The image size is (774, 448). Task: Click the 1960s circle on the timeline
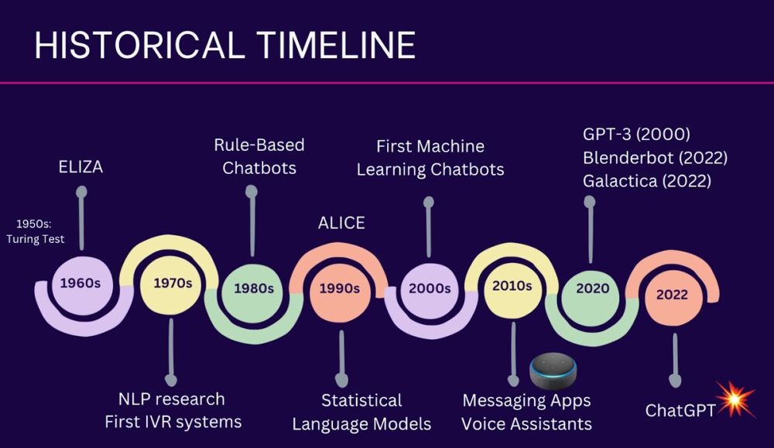(x=80, y=283)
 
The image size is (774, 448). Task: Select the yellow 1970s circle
(x=172, y=283)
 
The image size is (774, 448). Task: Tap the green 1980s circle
(x=254, y=289)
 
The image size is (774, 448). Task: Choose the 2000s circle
(x=429, y=288)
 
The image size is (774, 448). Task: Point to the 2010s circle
(x=512, y=286)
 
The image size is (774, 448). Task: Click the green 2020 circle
(x=592, y=289)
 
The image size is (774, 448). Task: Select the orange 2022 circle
(x=672, y=294)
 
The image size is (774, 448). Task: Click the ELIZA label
(x=80, y=168)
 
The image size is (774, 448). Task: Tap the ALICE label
(x=341, y=223)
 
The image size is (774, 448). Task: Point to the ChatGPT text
(x=680, y=410)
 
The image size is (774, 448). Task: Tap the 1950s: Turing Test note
(x=35, y=232)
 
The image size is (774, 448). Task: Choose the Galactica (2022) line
(x=647, y=181)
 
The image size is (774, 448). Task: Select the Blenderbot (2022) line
(x=655, y=158)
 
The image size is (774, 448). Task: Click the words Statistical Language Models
(x=362, y=412)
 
